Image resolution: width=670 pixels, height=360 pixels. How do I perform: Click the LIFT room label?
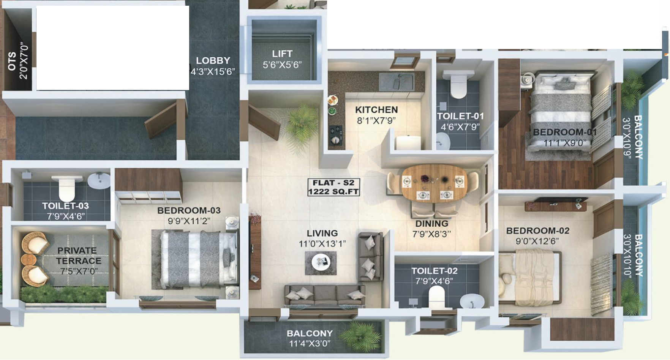coord(282,54)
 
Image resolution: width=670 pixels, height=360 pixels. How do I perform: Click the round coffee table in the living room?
coord(321,262)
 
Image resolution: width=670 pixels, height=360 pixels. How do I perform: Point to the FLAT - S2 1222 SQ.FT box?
coord(333,187)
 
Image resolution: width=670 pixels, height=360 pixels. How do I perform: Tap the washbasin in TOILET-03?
coord(99,180)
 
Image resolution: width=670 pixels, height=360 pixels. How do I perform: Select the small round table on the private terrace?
coord(28,260)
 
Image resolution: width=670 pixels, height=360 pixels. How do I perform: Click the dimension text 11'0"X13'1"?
coord(322,244)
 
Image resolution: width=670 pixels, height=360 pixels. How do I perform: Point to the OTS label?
coord(12,61)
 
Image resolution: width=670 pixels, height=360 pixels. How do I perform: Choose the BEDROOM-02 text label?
coord(537,231)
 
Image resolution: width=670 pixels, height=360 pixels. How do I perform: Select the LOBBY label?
coord(213,60)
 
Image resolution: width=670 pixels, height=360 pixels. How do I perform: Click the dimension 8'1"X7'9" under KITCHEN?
coord(376,121)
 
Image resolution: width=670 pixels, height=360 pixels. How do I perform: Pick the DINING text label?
coord(431,223)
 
